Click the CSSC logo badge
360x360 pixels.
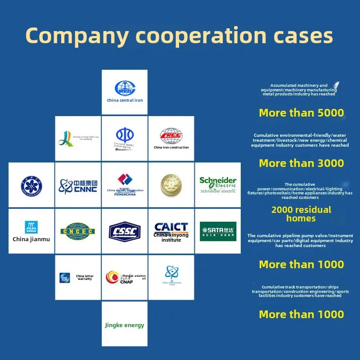125,231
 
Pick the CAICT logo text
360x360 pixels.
171,227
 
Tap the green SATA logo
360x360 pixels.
218,231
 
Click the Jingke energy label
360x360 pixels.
125,325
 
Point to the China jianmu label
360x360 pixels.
31,239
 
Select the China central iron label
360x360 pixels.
125,100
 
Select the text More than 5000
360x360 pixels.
301,112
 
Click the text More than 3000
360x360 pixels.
301,163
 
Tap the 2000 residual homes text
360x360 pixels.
301,214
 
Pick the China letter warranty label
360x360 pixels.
85,277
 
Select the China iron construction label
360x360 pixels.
171,148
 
